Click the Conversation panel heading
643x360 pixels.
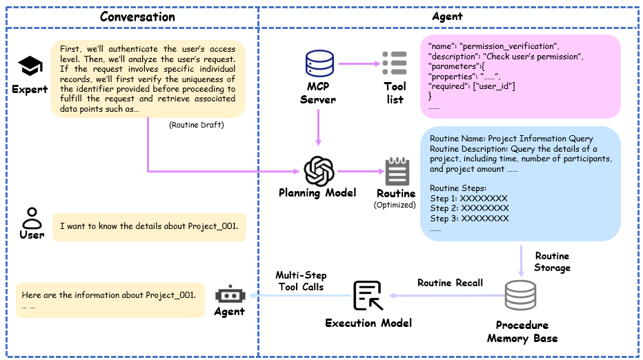pyautogui.click(x=137, y=17)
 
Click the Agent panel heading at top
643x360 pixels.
pyautogui.click(x=446, y=17)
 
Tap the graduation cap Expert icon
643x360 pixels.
pyautogui.click(x=30, y=67)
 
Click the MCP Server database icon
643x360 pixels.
pyautogui.click(x=319, y=64)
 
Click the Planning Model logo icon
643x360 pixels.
pyautogui.click(x=318, y=170)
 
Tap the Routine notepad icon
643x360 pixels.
pyautogui.click(x=396, y=170)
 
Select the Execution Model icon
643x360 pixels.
pyautogui.click(x=368, y=295)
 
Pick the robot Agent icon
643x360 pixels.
pyautogui.click(x=229, y=294)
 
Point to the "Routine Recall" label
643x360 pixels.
pyautogui.click(x=450, y=283)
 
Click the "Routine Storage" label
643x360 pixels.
pyautogui.click(x=552, y=261)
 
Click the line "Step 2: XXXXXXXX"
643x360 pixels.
pyautogui.click(x=468, y=208)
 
